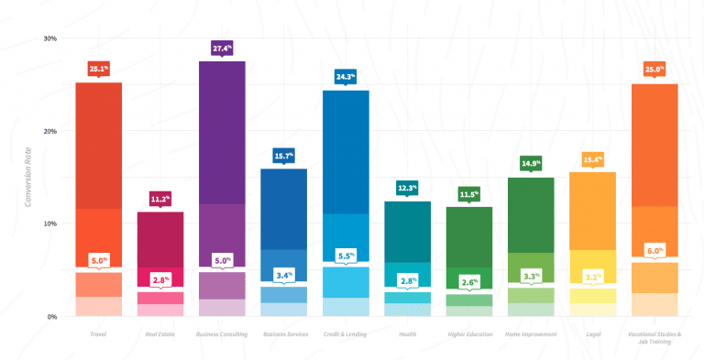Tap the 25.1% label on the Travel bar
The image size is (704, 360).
(x=99, y=68)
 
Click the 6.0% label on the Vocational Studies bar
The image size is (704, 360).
(x=654, y=250)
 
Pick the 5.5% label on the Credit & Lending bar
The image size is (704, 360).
(x=346, y=256)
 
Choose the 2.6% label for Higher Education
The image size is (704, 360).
(x=469, y=282)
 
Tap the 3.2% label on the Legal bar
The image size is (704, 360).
(x=593, y=276)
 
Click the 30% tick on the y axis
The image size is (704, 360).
(x=49, y=38)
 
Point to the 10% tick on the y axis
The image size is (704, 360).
(x=49, y=224)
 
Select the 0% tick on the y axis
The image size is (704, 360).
(x=51, y=317)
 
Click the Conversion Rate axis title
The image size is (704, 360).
(x=30, y=178)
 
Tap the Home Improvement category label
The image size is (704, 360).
(x=531, y=334)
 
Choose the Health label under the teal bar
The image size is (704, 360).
(x=407, y=334)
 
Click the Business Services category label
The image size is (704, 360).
(x=284, y=334)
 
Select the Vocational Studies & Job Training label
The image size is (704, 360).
(x=654, y=338)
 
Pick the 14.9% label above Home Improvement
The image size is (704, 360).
(x=531, y=163)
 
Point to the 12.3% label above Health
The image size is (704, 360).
(x=407, y=187)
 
